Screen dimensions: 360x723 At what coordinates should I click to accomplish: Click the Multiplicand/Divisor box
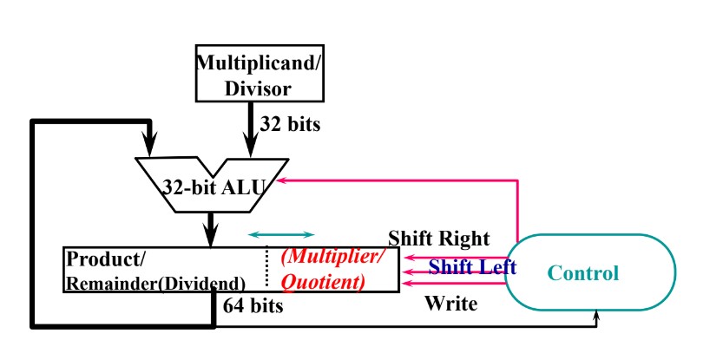tap(249, 74)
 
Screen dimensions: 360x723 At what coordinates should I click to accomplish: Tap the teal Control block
tap(582, 272)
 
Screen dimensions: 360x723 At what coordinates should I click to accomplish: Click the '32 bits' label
tap(290, 124)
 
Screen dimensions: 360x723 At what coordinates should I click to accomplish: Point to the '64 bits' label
tap(253, 305)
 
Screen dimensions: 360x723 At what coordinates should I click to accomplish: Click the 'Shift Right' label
tap(438, 239)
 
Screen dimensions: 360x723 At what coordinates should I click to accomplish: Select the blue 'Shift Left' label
tap(472, 267)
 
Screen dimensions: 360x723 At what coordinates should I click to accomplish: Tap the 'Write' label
tap(450, 304)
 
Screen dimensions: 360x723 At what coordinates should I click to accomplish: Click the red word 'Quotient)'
tap(323, 282)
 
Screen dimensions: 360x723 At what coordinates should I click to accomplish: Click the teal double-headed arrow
tap(281, 234)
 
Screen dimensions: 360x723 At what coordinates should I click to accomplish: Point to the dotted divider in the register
tap(267, 270)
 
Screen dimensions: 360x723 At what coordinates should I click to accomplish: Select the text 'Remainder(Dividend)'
tap(155, 283)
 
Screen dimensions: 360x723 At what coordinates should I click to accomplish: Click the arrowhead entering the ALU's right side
tap(282, 180)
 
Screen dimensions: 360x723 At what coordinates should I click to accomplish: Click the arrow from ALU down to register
tap(209, 228)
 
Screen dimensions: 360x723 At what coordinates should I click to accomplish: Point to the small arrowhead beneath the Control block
tap(597, 318)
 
